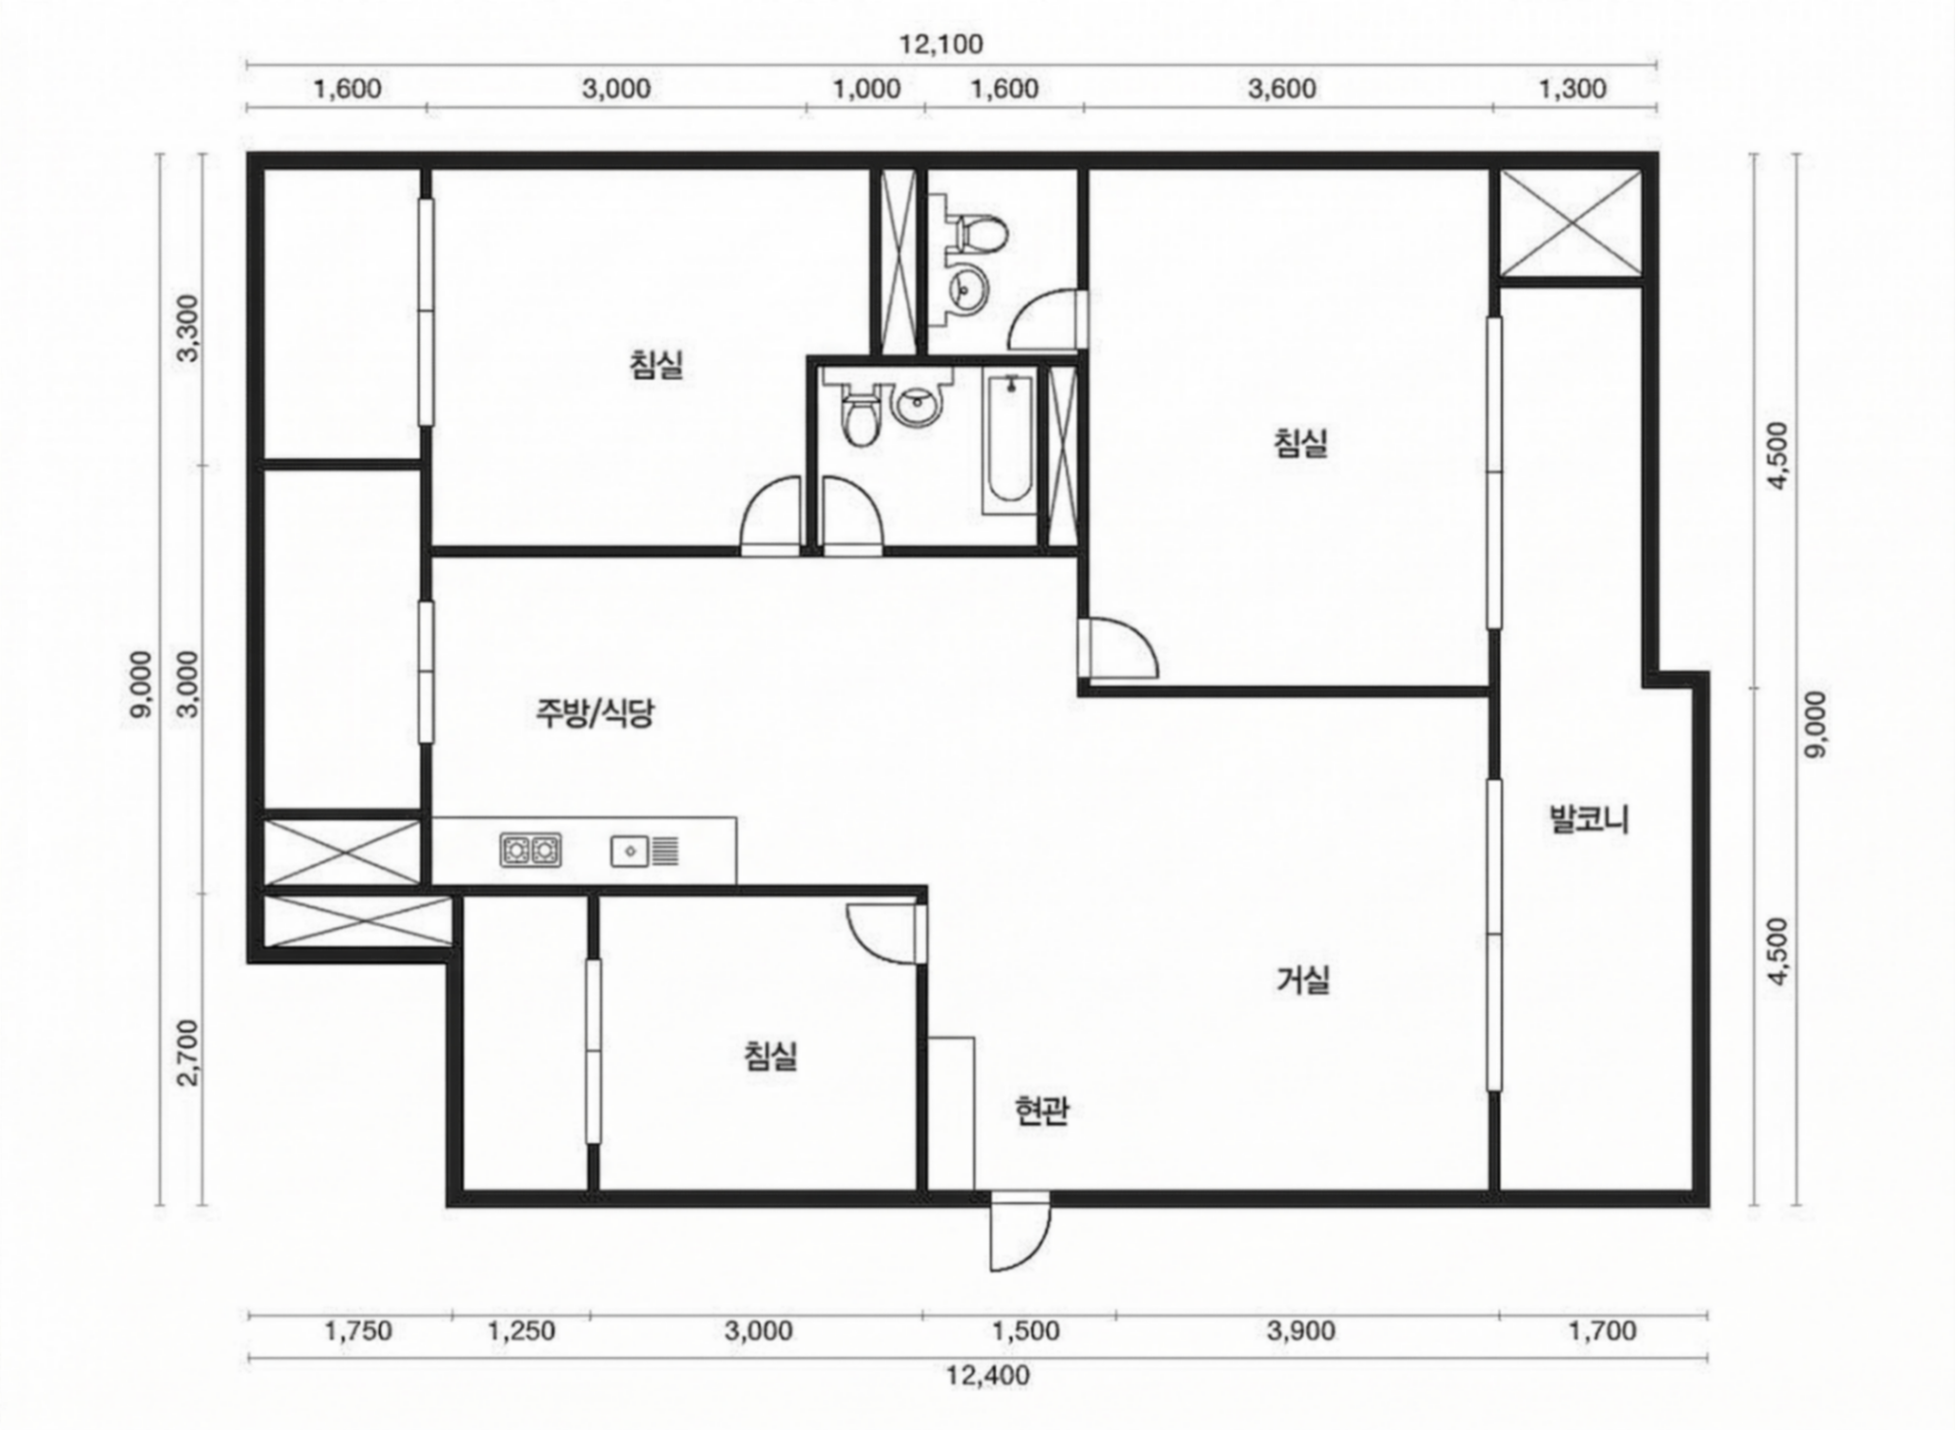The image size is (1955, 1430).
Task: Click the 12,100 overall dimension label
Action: [941, 44]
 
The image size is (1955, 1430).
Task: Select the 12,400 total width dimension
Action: [988, 1374]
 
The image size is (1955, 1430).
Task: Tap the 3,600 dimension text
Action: [1282, 89]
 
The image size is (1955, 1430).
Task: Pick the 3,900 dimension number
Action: [1301, 1331]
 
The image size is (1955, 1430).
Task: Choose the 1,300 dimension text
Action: [1573, 89]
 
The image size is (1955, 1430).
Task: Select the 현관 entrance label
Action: [1041, 1111]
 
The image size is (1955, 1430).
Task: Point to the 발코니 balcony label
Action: [1589, 819]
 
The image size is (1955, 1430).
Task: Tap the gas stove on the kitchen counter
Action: [530, 850]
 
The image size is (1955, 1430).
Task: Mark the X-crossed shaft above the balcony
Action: [1570, 224]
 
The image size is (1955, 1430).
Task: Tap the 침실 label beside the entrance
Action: [770, 1055]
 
